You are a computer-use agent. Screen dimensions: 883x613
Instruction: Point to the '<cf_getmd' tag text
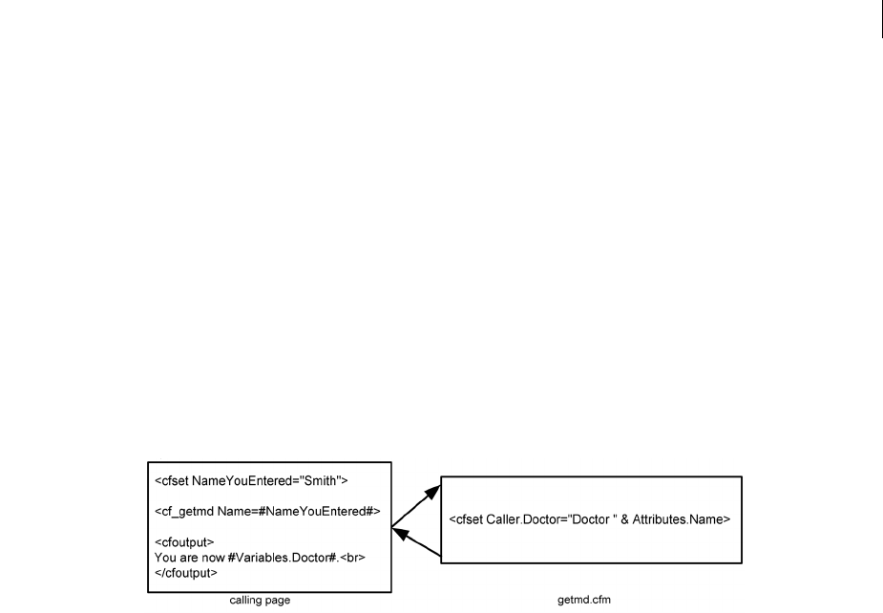pyautogui.click(x=181, y=512)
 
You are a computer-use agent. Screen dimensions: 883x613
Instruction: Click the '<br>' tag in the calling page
pyautogui.click(x=354, y=559)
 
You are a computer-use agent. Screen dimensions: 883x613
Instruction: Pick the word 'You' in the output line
pyautogui.click(x=165, y=559)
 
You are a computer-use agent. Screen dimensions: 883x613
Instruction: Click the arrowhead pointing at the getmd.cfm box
pyautogui.click(x=434, y=490)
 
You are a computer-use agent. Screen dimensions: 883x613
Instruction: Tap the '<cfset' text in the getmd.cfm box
pyautogui.click(x=465, y=519)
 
